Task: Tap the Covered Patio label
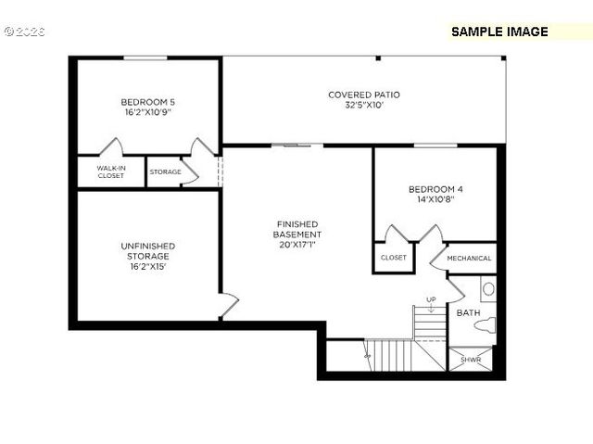click(363, 95)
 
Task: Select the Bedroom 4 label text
click(435, 190)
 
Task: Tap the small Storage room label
click(165, 172)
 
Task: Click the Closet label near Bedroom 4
click(393, 258)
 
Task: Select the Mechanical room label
click(468, 258)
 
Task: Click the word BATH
click(468, 313)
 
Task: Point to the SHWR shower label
click(472, 360)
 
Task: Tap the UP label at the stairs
click(431, 299)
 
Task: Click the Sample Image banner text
click(499, 32)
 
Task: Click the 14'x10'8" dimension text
click(435, 200)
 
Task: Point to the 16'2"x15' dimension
click(147, 267)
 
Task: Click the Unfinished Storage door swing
click(228, 302)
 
